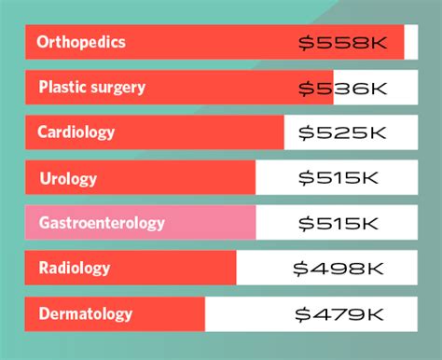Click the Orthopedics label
tap(81, 43)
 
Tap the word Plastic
tap(62, 88)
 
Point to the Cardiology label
tap(76, 132)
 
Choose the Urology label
tap(68, 177)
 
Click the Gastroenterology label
tap(102, 223)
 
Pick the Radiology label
tap(75, 269)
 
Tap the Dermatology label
tap(86, 314)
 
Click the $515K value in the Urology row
tap(338, 177)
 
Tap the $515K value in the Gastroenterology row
tap(338, 223)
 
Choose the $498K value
tap(338, 269)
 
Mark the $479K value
tap(338, 314)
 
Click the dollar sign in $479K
tap(302, 314)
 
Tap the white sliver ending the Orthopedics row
tap(411, 43)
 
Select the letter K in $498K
tap(374, 269)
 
